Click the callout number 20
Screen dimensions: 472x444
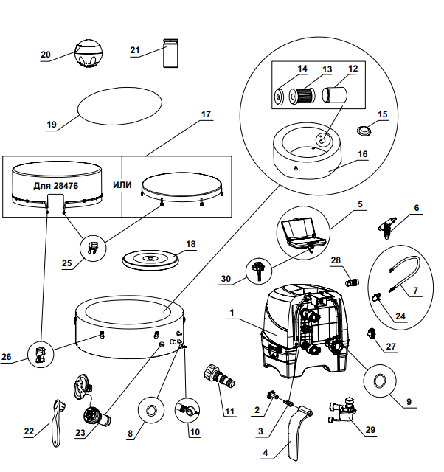[46, 55]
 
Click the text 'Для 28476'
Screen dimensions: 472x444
[57, 185]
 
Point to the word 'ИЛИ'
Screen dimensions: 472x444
[122, 184]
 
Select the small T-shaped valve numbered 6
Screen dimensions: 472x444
[386, 226]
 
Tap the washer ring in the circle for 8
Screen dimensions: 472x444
[150, 410]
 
